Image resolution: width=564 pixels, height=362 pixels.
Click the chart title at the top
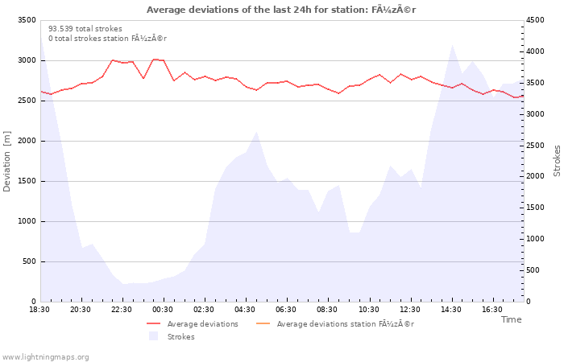click(x=281, y=10)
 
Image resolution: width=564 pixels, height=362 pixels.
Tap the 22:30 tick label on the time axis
click(x=122, y=310)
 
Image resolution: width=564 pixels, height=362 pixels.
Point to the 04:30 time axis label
click(x=245, y=310)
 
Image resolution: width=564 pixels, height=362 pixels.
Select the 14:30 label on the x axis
click(x=451, y=310)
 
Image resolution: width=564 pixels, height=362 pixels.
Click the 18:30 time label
click(x=39, y=310)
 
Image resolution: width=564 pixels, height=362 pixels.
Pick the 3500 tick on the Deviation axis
click(x=27, y=20)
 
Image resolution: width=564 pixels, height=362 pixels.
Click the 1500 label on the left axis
click(x=27, y=181)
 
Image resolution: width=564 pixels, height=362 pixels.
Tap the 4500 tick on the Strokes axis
click(x=535, y=20)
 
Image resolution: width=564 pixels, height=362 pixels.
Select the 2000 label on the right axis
click(x=535, y=176)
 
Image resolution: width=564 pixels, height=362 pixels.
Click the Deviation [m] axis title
click(x=6, y=161)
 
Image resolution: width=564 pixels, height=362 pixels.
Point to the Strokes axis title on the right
click(x=557, y=161)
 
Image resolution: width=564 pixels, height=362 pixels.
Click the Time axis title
click(x=511, y=319)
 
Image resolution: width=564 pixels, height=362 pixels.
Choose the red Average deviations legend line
click(x=153, y=324)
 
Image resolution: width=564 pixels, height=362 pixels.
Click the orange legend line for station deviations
click(x=263, y=324)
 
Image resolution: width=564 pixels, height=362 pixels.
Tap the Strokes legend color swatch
click(x=154, y=336)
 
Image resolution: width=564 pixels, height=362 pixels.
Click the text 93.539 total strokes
click(x=85, y=29)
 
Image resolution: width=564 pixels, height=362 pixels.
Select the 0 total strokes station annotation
click(x=107, y=39)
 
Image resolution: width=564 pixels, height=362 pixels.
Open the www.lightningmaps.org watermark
click(x=44, y=357)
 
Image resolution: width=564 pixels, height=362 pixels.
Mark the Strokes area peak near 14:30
click(x=452, y=45)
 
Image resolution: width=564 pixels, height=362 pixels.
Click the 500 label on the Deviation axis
click(x=29, y=261)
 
